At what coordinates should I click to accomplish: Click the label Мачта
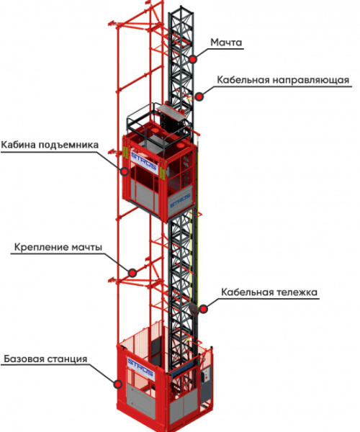[226, 42]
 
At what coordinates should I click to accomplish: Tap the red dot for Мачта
[193, 59]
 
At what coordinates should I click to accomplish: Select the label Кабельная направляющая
[283, 80]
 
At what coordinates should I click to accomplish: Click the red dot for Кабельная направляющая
[199, 96]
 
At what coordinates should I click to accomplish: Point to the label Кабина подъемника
[50, 145]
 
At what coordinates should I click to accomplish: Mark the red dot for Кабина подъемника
[125, 171]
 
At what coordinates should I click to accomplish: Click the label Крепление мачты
[58, 247]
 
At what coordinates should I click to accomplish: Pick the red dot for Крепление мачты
[132, 273]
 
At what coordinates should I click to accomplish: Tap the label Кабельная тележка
[269, 292]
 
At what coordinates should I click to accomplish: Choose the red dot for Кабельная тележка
[203, 309]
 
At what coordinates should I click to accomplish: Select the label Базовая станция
[46, 359]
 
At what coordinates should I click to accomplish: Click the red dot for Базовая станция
[118, 384]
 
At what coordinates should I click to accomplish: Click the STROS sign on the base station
[140, 369]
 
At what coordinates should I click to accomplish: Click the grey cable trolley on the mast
[194, 309]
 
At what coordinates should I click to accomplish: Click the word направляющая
[311, 80]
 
